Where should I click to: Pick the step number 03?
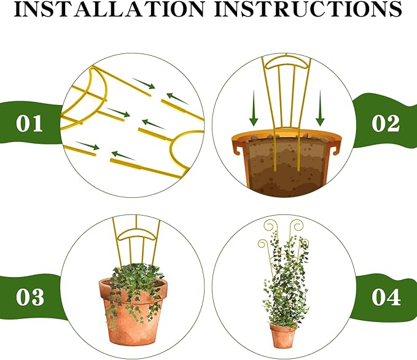point(29,298)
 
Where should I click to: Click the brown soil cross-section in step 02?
point(286,166)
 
